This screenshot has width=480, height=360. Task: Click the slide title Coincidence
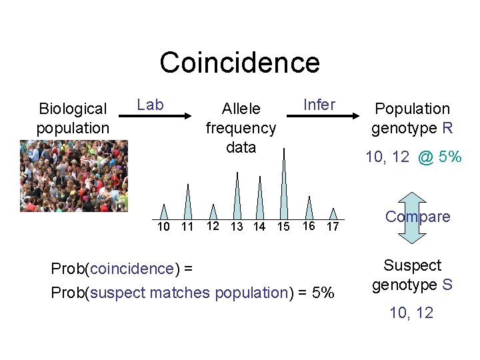pyautogui.click(x=239, y=63)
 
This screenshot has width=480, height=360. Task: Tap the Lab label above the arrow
pyautogui.click(x=150, y=104)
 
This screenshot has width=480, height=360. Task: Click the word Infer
pyautogui.click(x=319, y=105)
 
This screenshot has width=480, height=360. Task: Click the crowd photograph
pyautogui.click(x=73, y=175)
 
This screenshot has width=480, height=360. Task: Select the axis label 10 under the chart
pyautogui.click(x=163, y=227)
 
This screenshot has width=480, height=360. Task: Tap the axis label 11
pyautogui.click(x=187, y=227)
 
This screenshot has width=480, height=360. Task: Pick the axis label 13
pyautogui.click(x=236, y=227)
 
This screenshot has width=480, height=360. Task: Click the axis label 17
pyautogui.click(x=332, y=227)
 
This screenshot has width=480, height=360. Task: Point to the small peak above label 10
pyautogui.click(x=164, y=211)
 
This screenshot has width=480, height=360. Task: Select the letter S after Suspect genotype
pyautogui.click(x=447, y=285)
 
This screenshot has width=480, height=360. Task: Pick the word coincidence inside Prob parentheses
pyautogui.click(x=131, y=269)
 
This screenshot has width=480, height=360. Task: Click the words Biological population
pyautogui.click(x=73, y=118)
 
